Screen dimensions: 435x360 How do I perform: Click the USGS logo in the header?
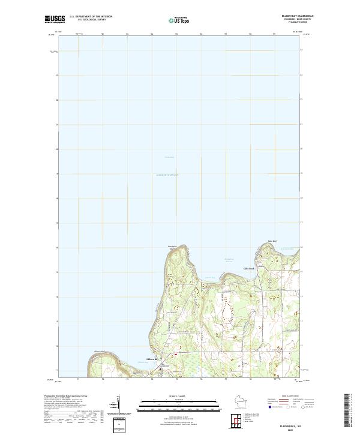click(55, 19)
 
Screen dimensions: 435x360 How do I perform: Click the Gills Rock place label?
click(248, 268)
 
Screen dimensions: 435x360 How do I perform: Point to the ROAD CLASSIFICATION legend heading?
click(291, 397)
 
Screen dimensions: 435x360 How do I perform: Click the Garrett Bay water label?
click(209, 277)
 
